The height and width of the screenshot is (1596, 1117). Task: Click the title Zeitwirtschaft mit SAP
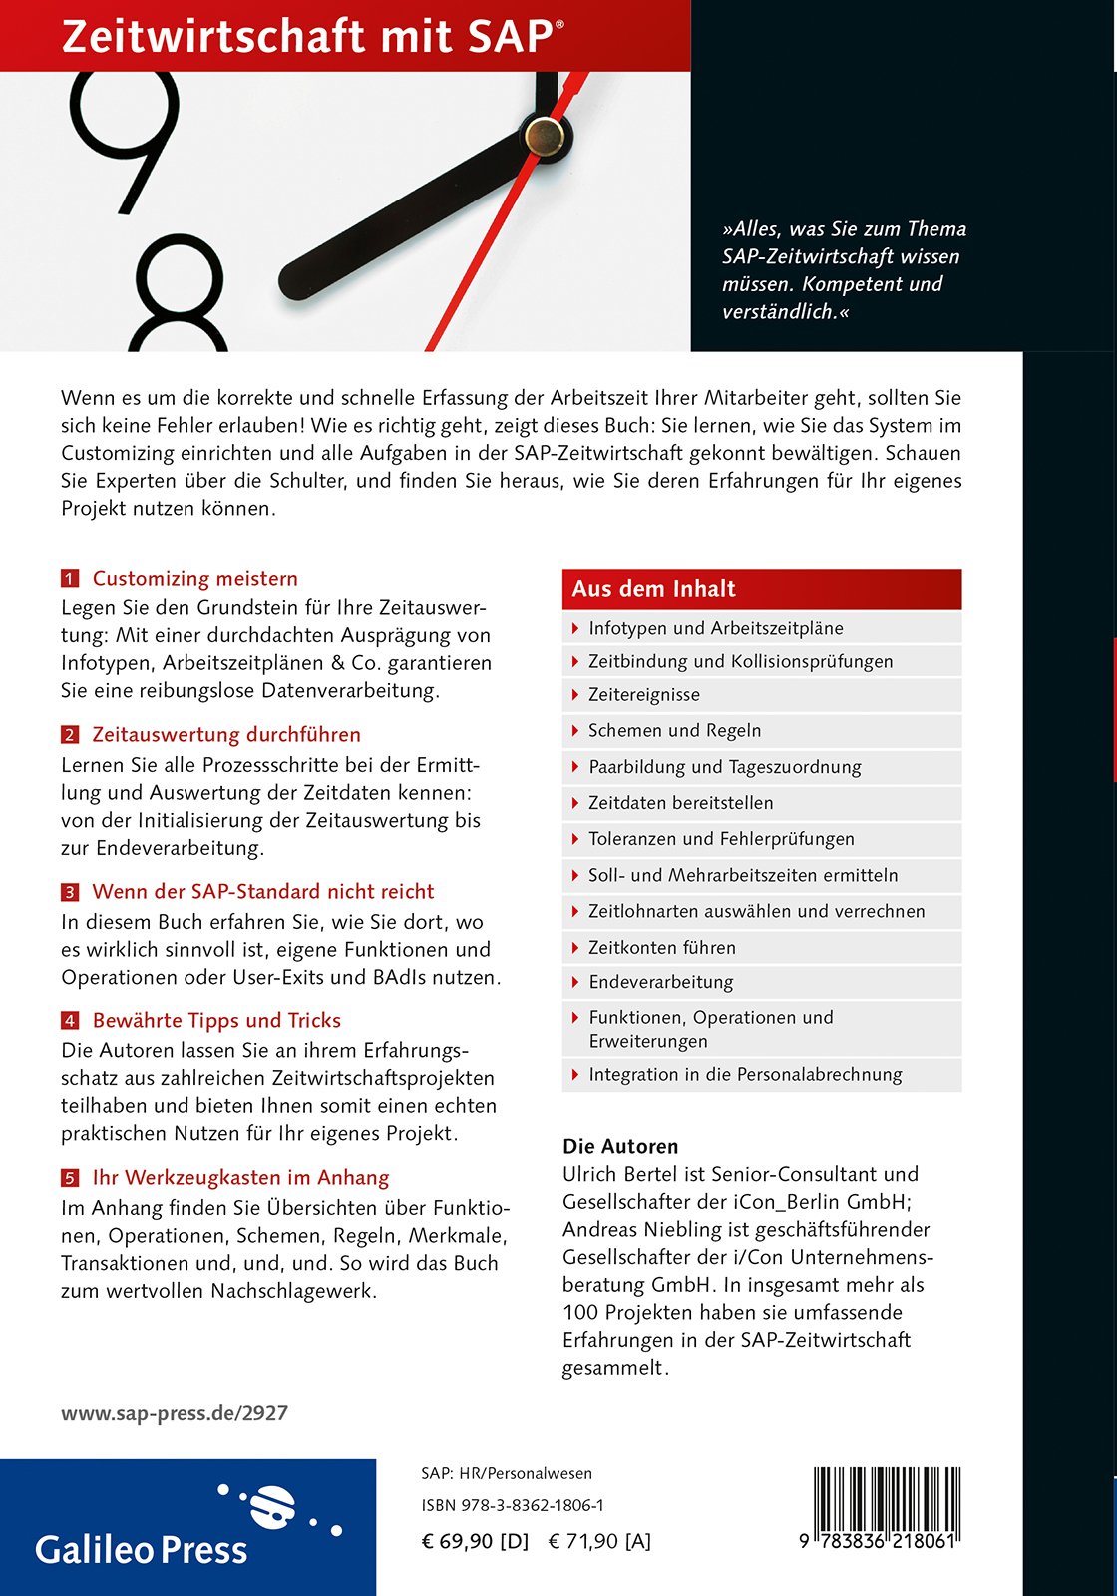(312, 37)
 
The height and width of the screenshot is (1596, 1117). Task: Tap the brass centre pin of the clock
(544, 135)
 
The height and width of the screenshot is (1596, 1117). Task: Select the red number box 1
(70, 579)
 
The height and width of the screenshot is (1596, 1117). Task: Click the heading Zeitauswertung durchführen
(226, 735)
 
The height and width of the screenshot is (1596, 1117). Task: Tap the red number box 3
(70, 892)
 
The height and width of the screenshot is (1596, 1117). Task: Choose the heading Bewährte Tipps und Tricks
(216, 1021)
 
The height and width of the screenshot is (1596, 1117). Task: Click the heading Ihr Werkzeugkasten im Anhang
(240, 1178)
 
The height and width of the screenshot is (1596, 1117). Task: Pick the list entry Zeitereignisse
(644, 695)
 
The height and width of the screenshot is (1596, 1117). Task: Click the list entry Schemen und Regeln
(674, 731)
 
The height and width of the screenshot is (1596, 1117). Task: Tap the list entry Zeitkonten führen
(662, 948)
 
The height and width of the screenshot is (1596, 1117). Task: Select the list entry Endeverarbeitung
(660, 983)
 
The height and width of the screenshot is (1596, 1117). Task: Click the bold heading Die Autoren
(620, 1147)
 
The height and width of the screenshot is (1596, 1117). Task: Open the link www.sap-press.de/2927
(175, 1413)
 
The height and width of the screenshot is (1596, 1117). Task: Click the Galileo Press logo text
(142, 1550)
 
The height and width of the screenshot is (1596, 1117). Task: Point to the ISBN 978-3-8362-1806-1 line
(513, 1505)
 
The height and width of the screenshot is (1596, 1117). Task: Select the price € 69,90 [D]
(475, 1541)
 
